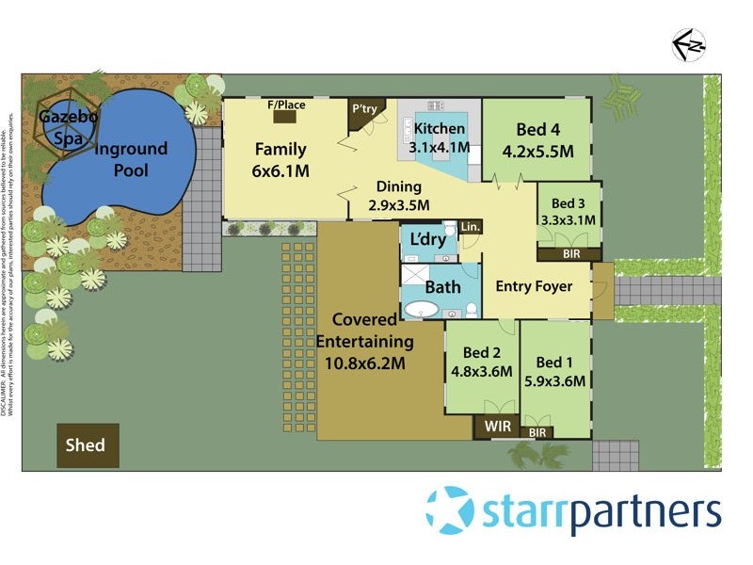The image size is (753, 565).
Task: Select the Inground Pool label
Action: coord(130,160)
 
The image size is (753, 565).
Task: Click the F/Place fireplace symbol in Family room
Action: coord(286,116)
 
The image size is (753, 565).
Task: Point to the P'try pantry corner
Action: coord(363,110)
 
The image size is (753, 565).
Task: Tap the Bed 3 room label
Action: coord(569,203)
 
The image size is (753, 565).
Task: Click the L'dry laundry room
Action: coord(428,241)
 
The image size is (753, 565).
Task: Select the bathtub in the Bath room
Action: coord(421,310)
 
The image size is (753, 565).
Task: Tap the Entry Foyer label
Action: coord(534,286)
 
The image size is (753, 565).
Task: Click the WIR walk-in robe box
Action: coord(497,427)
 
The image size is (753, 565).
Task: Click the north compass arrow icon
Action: coord(689,44)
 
